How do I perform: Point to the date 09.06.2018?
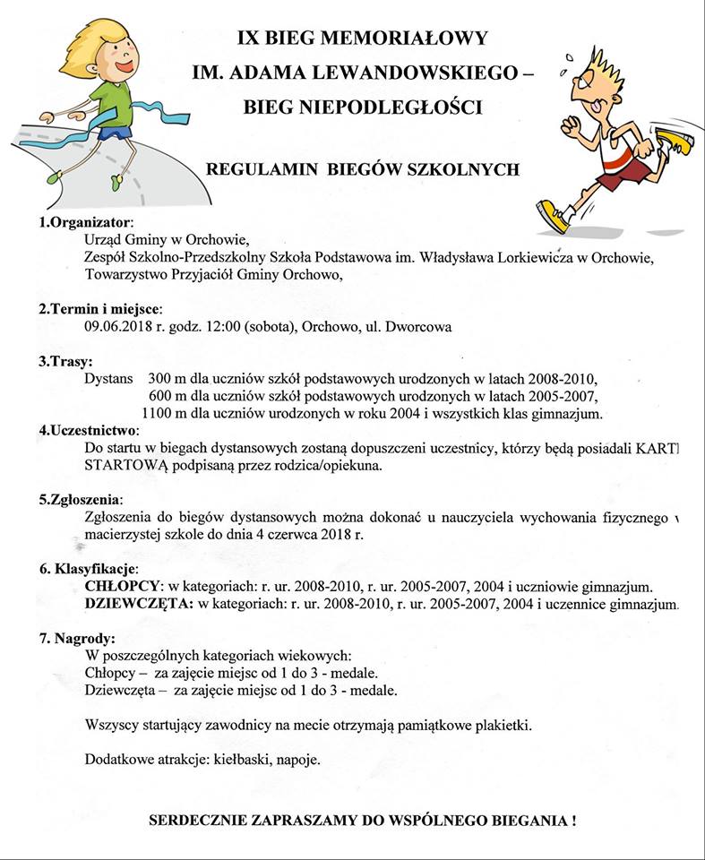118,327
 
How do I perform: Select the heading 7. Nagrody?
77,639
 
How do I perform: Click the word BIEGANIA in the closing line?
524,821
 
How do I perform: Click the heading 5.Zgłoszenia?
81,499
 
